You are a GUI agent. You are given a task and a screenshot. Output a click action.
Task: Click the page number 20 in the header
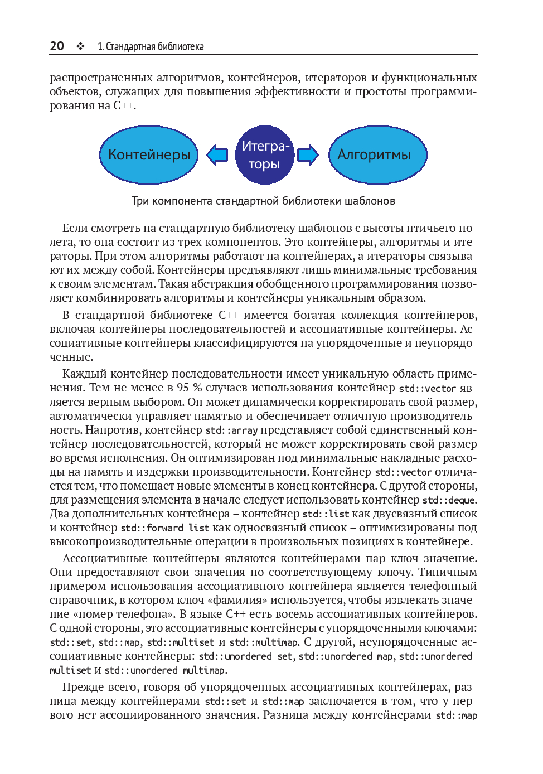coord(57,46)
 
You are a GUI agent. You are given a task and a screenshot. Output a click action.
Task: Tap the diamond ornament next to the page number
coord(81,46)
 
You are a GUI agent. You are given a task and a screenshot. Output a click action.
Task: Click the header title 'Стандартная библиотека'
coord(154,47)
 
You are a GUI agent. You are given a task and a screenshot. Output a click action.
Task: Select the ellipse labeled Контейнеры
coord(149,155)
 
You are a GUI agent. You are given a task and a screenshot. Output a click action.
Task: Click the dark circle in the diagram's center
coord(265,155)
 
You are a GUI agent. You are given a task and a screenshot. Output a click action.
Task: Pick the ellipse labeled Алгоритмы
coord(377,155)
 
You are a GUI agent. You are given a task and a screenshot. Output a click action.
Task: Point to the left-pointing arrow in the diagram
coord(217,154)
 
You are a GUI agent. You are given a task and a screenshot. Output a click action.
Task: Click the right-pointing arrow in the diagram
coord(308,154)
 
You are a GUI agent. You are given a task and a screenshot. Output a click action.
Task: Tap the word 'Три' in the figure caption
coord(140,201)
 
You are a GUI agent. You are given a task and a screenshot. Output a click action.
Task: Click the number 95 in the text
coord(183,388)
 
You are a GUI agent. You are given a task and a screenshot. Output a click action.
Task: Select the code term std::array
coord(231,430)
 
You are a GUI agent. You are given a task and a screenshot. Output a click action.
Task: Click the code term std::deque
coord(449,500)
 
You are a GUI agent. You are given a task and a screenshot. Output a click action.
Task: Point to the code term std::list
coord(326,514)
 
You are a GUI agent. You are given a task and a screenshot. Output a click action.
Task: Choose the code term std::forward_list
coord(165,528)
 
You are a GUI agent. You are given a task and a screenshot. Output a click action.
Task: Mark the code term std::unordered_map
coord(346,657)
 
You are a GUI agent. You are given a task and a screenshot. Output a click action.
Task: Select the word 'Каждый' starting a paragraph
coord(84,374)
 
